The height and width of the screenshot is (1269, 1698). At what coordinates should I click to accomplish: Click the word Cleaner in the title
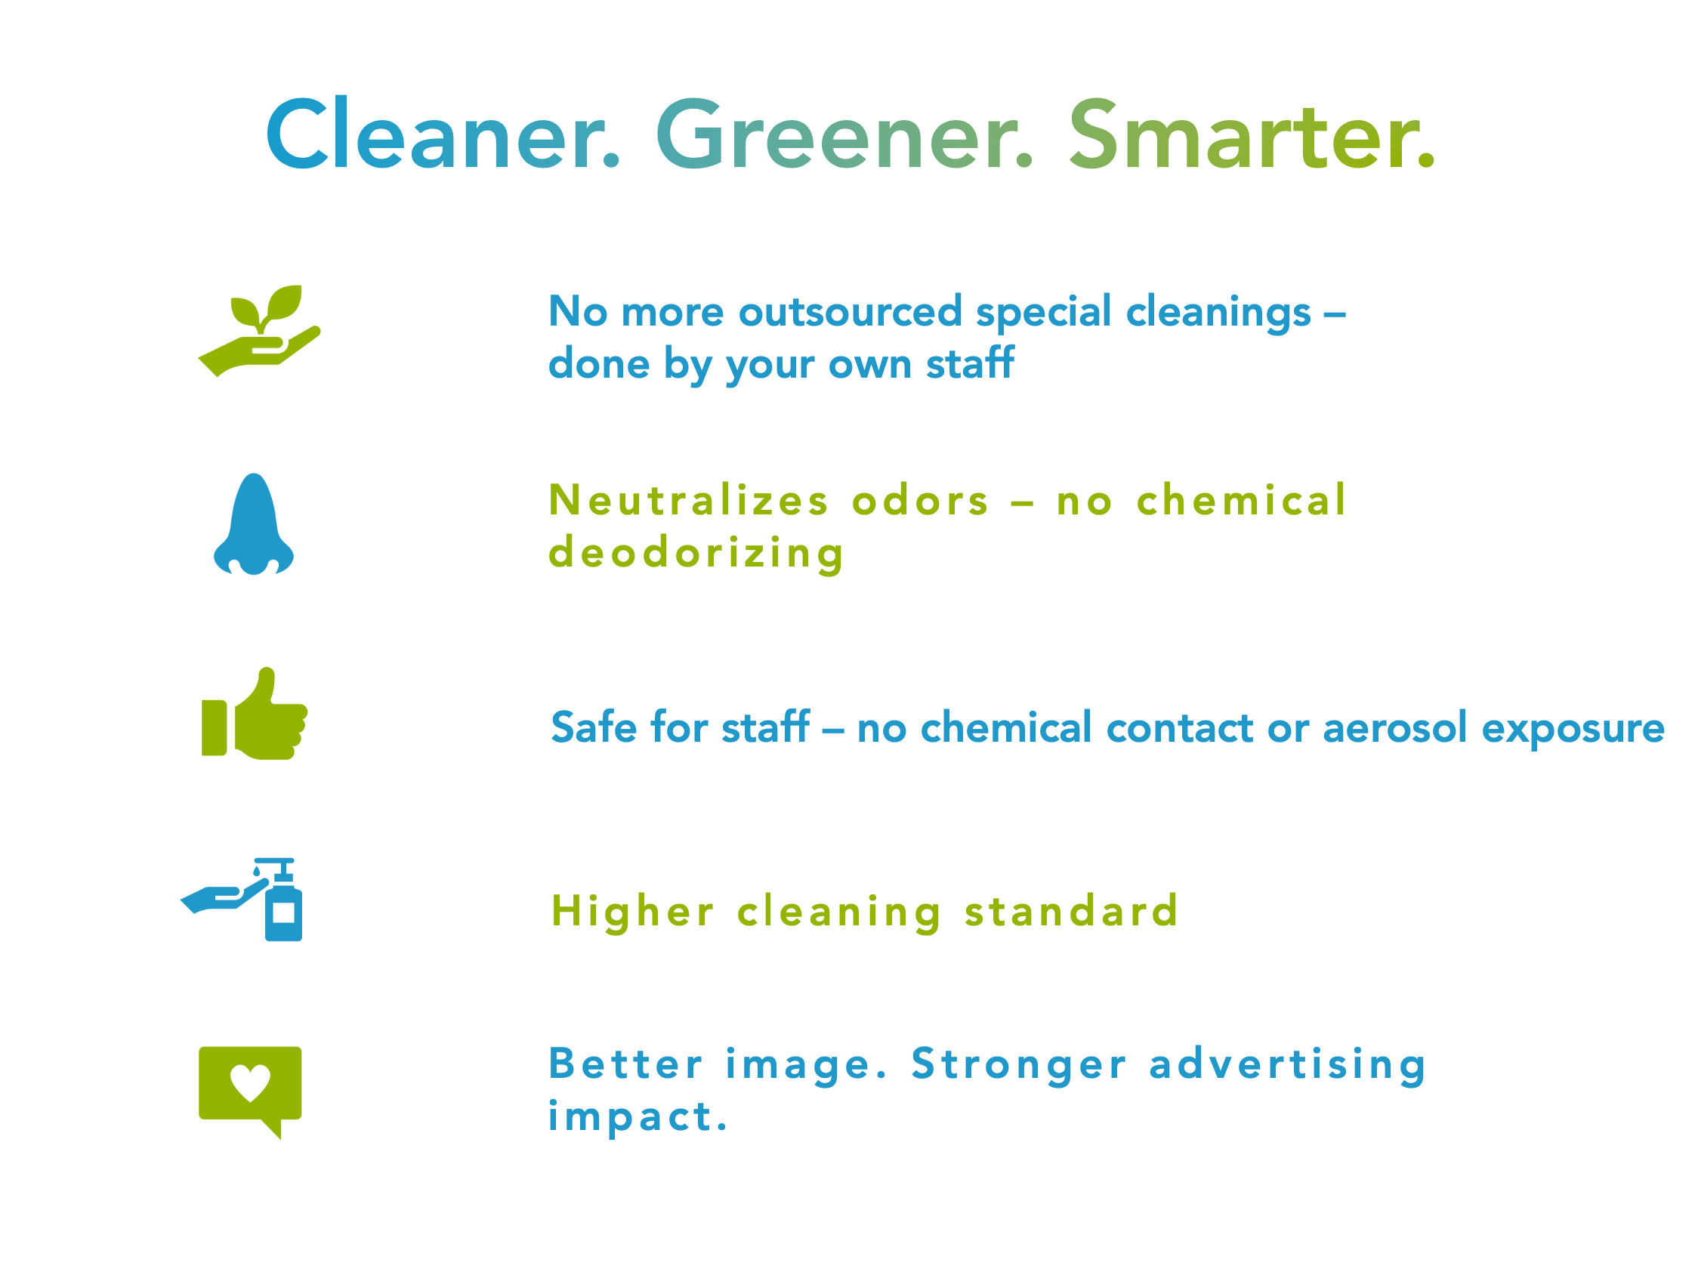coord(443,134)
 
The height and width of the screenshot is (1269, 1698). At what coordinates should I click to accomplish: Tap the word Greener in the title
coord(844,134)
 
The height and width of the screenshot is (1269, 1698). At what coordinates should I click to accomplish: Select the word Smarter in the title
coord(1252,134)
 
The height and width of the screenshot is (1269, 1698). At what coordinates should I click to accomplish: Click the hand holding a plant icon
coord(260,331)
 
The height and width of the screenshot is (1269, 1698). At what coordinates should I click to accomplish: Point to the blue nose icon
coord(253,524)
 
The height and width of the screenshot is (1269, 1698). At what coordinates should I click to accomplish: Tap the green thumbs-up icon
coord(255,714)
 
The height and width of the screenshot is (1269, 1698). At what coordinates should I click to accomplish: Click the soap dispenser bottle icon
coord(283,900)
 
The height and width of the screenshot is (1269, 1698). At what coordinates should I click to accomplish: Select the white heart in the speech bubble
coord(250,1082)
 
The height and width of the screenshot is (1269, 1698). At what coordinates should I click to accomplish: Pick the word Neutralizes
coord(689,500)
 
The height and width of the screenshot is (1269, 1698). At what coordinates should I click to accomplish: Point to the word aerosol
coord(1395,727)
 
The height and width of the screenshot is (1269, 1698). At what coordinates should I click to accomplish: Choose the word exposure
coord(1573,730)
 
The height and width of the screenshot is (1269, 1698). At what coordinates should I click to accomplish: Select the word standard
coord(1071,911)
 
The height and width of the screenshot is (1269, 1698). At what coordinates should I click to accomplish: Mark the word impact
coord(638,1118)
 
